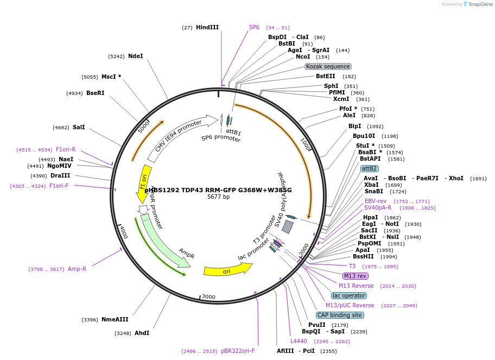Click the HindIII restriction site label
pyautogui.click(x=207, y=27)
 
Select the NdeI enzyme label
pyautogui.click(x=135, y=56)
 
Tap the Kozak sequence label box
pyautogui.click(x=328, y=66)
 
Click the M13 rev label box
pyautogui.click(x=356, y=276)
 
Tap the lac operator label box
pyautogui.click(x=349, y=295)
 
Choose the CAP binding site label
pyautogui.click(x=339, y=315)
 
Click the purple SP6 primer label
pyautogui.click(x=254, y=27)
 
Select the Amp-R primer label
pyautogui.click(x=77, y=269)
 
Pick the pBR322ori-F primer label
pyautogui.click(x=238, y=351)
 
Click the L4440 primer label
pyautogui.click(x=299, y=341)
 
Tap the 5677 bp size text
pyautogui.click(x=218, y=197)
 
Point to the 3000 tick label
pyautogui.click(x=208, y=297)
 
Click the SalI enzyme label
pyautogui.click(x=79, y=127)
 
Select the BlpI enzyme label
pyautogui.click(x=355, y=126)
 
